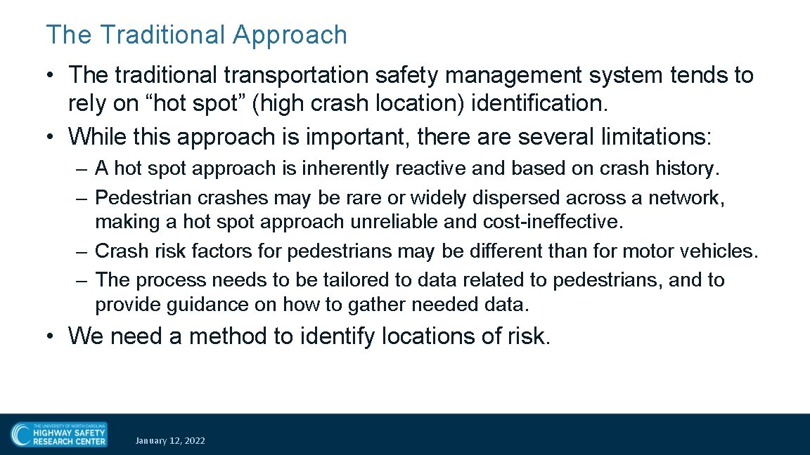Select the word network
pyautogui.click(x=686, y=198)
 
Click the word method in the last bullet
pyautogui.click(x=229, y=336)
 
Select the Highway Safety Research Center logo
pyautogui.click(x=59, y=435)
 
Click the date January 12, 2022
pyautogui.click(x=170, y=441)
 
